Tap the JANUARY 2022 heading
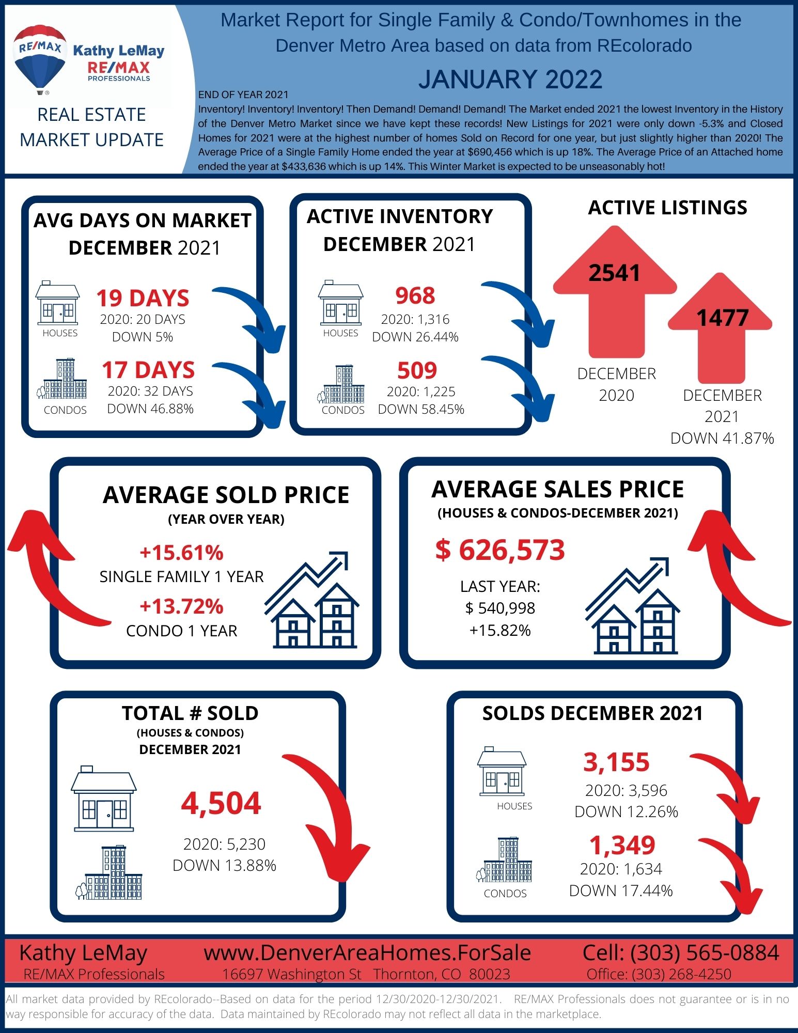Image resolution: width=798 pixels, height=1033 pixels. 510,80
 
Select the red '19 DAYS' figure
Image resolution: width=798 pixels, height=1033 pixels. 143,298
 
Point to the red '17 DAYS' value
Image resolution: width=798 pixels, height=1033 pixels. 148,370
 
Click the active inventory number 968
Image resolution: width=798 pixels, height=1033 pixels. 415,295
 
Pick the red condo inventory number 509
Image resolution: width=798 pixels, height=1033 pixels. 417,370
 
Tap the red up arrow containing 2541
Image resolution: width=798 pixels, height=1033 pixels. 615,292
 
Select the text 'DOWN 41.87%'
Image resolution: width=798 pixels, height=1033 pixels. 722,438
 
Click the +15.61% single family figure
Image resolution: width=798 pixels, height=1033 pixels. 181,552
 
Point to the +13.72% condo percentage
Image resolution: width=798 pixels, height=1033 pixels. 181,606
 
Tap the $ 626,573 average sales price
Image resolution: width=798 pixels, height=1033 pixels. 500,550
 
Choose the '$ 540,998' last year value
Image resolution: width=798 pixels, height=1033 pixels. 500,608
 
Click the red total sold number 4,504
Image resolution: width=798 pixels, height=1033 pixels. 221,803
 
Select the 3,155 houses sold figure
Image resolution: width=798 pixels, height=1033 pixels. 616,762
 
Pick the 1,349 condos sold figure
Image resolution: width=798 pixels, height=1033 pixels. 622,845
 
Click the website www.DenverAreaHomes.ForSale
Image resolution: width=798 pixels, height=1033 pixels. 367,953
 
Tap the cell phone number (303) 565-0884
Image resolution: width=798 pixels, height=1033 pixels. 705,953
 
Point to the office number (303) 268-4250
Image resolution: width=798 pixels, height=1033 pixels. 681,974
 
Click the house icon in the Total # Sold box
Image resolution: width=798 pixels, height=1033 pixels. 104,799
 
